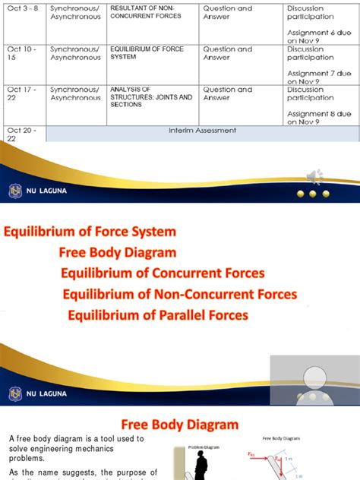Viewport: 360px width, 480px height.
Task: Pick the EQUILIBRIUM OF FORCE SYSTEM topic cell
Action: [148, 52]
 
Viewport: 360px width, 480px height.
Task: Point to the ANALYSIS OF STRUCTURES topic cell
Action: [150, 96]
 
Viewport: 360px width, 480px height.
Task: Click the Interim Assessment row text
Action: [202, 131]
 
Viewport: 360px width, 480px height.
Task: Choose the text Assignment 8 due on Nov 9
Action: [319, 117]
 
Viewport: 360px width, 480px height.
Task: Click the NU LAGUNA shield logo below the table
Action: [15, 191]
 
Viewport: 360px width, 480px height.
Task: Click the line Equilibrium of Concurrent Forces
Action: [163, 273]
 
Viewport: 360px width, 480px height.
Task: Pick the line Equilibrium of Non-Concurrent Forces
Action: [180, 294]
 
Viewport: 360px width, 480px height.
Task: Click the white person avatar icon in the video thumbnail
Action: [312, 380]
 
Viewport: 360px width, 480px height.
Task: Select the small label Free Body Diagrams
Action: [281, 438]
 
